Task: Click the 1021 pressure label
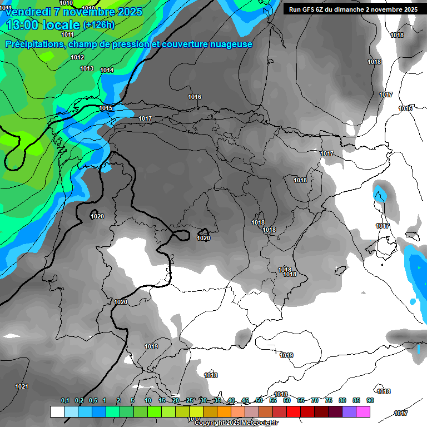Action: coord(22,386)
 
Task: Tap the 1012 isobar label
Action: coord(77,58)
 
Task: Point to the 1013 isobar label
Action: coord(87,68)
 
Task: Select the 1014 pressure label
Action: coord(107,71)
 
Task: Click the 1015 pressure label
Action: coord(106,108)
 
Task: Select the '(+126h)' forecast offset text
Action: coord(99,25)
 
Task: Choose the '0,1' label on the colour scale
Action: coord(65,401)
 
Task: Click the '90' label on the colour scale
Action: coord(370,401)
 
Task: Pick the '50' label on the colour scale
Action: coord(259,401)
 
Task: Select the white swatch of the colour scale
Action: coord(57,412)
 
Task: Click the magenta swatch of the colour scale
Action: coord(363,412)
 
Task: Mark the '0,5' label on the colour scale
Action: coord(92,401)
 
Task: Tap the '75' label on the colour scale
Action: coord(329,401)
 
